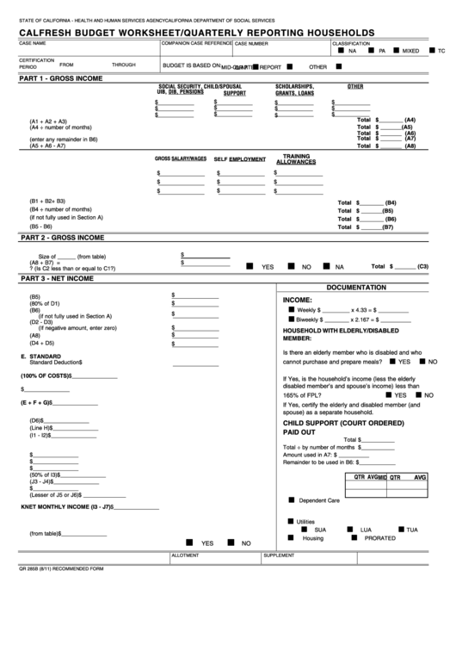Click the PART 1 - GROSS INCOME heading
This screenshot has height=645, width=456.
(60, 78)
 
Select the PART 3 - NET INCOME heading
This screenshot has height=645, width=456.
(56, 279)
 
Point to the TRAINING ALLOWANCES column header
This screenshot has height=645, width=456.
(295, 159)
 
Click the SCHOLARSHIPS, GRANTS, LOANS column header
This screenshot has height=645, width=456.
(294, 90)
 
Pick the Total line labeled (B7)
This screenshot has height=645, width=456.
(367, 227)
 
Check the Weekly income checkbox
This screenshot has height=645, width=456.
(290, 308)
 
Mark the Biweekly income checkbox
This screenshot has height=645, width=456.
(290, 319)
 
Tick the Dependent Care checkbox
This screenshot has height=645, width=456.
(291, 499)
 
